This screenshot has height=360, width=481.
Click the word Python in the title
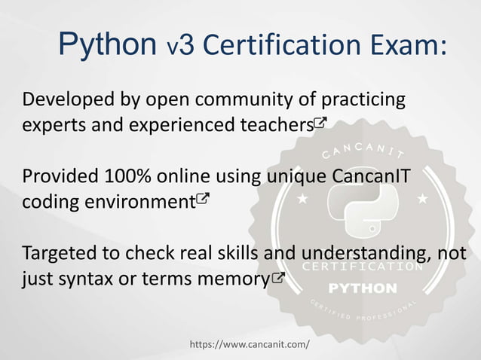pyautogui.click(x=107, y=45)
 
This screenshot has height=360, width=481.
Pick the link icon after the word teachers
pyautogui.click(x=320, y=123)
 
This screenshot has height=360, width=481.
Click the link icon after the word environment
pyautogui.click(x=203, y=200)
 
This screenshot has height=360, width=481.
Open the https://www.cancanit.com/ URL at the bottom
pyautogui.click(x=250, y=344)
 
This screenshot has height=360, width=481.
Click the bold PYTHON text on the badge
pyautogui.click(x=363, y=288)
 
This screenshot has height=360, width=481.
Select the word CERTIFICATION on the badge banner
pyautogui.click(x=363, y=267)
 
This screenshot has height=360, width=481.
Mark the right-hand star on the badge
pyautogui.click(x=422, y=199)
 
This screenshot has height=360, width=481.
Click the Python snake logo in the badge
pyautogui.click(x=362, y=215)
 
